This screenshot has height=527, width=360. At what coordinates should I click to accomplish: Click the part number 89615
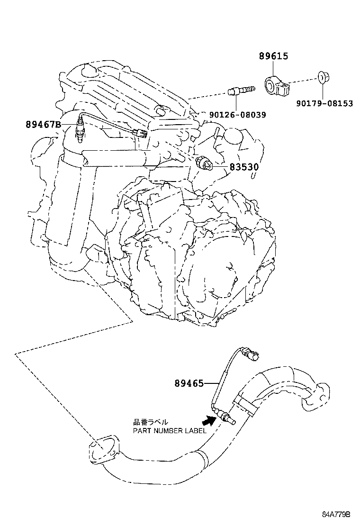[x=273, y=56]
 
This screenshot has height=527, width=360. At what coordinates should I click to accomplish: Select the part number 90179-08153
[x=324, y=103]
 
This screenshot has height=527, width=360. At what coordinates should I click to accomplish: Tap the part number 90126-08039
[x=237, y=115]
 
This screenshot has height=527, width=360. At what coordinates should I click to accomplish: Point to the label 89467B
[x=44, y=125]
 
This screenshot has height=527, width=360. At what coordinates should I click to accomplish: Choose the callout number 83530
[x=244, y=167]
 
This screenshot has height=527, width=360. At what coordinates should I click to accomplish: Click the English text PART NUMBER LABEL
[x=169, y=431]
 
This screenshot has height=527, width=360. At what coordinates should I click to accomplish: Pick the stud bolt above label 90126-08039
[x=240, y=89]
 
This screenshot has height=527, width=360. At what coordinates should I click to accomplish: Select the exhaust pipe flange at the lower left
[x=100, y=450]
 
